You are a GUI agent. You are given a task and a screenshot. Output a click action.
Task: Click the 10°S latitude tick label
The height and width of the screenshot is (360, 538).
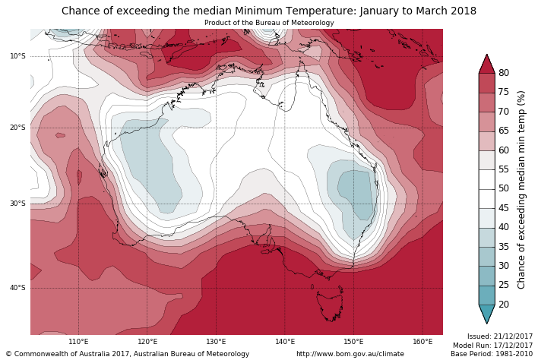click(x=17, y=56)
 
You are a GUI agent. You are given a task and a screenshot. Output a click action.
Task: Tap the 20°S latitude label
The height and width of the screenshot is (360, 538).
click(x=17, y=128)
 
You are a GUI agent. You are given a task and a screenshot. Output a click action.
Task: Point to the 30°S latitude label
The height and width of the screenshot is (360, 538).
click(x=17, y=204)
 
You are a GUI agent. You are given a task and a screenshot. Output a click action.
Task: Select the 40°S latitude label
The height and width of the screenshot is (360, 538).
click(x=17, y=288)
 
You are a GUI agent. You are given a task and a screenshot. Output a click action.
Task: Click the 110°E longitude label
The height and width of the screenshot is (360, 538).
click(x=78, y=342)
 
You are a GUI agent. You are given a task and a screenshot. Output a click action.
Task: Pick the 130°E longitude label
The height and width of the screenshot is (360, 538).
click(x=216, y=342)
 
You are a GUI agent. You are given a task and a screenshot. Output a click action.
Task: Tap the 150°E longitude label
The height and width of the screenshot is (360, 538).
click(x=353, y=342)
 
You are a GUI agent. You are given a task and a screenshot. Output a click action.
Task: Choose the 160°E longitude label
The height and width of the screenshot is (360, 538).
click(x=422, y=342)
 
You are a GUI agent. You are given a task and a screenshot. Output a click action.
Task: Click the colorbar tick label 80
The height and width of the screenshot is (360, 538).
click(x=504, y=73)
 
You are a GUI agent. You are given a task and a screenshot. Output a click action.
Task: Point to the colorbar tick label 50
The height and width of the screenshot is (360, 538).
click(x=504, y=188)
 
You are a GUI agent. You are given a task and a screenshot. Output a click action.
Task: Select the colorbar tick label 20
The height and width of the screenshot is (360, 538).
click(x=504, y=305)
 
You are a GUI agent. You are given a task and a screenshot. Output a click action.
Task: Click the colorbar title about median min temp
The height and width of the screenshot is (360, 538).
click(x=521, y=189)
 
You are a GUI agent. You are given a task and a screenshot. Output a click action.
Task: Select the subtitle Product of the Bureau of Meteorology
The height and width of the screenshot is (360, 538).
click(x=269, y=23)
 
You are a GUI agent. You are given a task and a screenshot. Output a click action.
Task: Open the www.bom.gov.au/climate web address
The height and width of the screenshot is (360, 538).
click(x=350, y=354)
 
